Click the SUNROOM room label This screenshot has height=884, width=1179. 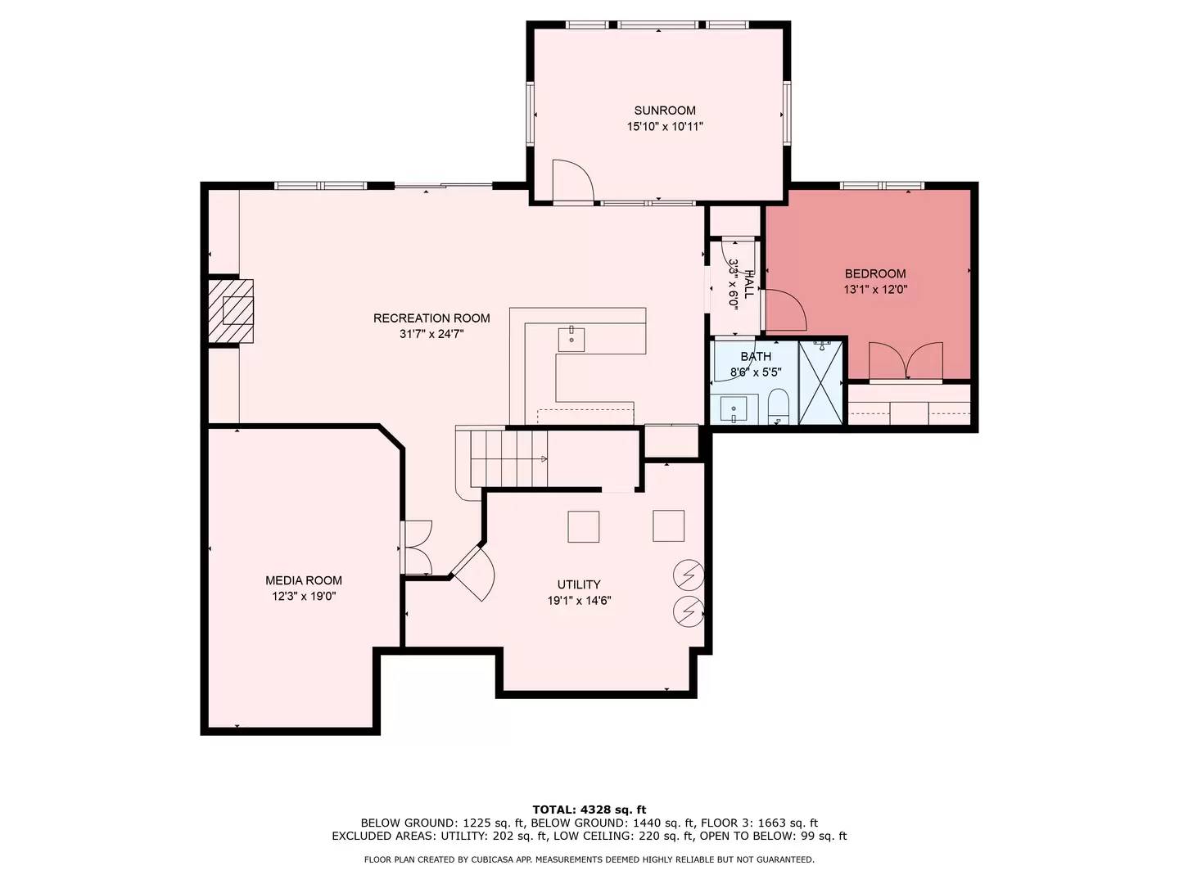pos(665,110)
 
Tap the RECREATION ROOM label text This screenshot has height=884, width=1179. pos(431,318)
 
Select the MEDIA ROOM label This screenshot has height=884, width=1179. pos(304,580)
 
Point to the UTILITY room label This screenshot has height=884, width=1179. pos(579,584)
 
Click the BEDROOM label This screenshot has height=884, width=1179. pos(875,273)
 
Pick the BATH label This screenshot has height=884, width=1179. pos(756,356)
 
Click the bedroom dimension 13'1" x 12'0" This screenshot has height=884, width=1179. pos(875,290)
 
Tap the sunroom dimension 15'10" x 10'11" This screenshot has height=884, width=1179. pos(665,127)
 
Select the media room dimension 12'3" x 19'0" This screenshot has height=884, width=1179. pos(304,597)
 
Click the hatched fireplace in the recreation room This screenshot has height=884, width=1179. pos(231,311)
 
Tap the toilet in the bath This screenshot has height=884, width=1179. pos(777,406)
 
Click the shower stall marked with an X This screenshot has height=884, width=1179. pos(820,382)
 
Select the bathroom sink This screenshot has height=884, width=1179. pos(733,410)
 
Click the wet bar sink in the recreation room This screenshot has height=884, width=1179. pos(571,339)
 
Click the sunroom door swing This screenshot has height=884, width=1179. pos(572,181)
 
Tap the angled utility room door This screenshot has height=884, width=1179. pos(472,573)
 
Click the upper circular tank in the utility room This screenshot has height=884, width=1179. pos(689,575)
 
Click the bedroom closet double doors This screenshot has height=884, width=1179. pos(906,362)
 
